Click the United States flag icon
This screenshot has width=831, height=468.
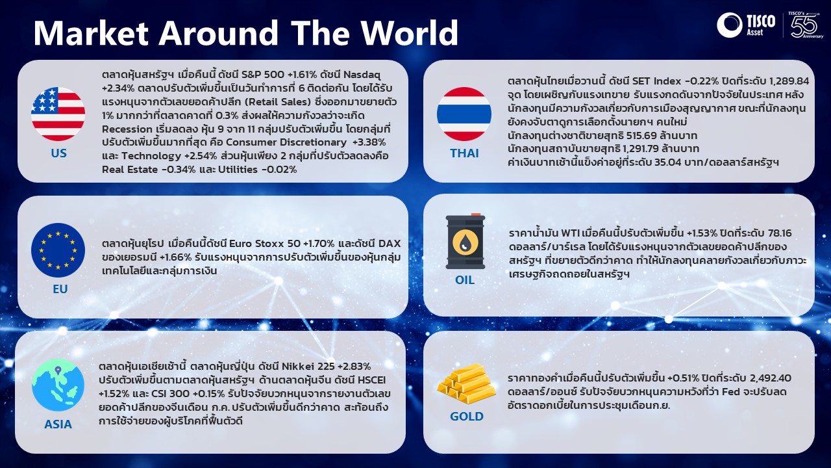pos(58,114)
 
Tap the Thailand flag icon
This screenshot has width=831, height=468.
pos(464,114)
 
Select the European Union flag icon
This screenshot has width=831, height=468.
pos(58,250)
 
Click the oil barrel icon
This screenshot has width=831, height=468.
pos(465,241)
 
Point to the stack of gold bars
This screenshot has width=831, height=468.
pos(466,383)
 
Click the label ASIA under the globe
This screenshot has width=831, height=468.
pos(58,424)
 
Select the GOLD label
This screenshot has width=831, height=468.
pos(467,417)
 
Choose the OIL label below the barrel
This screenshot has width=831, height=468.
pos(465,279)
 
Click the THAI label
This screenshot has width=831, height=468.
pos(464,153)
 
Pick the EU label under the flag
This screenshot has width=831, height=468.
pos(60,289)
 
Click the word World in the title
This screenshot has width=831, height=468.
pos(410,33)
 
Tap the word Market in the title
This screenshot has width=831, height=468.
pos(92,33)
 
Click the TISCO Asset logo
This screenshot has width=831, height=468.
pos(746,25)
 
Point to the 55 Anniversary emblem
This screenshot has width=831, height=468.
pos(805,25)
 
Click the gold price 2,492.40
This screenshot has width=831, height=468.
pos(771,378)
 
